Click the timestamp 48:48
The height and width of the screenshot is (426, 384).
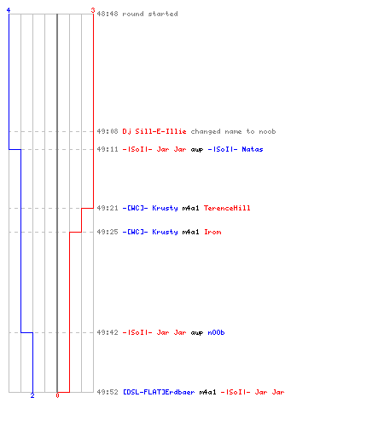tap(108, 14)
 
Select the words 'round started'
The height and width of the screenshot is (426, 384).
tap(150, 14)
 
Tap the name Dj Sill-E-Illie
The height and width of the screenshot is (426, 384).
tap(154, 131)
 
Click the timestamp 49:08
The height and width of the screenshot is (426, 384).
tap(108, 131)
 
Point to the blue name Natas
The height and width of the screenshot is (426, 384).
tap(253, 149)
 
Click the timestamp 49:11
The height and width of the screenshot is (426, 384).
tap(108, 149)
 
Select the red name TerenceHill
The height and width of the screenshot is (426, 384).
tap(227, 208)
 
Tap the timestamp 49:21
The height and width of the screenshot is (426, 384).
tap(108, 208)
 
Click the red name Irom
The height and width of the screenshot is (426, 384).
tap(212, 232)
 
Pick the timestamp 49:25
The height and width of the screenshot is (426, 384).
tap(108, 232)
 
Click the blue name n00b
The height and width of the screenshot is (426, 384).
tap(216, 332)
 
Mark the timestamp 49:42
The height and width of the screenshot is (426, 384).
tap(108, 332)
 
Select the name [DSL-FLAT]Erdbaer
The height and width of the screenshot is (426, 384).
tap(159, 392)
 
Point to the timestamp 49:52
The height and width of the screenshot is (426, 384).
tap(108, 392)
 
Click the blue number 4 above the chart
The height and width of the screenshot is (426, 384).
tap(9, 10)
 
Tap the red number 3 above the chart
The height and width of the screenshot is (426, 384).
tap(93, 10)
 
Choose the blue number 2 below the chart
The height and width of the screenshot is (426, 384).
tap(32, 395)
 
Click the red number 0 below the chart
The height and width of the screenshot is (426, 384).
tap(57, 395)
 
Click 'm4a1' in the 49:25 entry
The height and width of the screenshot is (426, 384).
tap(190, 232)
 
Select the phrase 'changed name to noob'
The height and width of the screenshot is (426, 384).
tap(233, 131)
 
